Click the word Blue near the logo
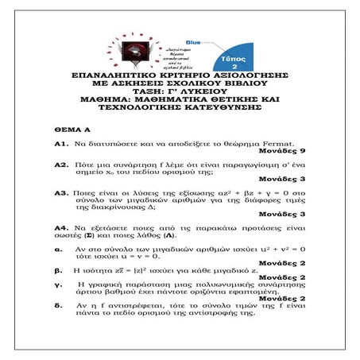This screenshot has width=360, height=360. pyautogui.click(x=193, y=41)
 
